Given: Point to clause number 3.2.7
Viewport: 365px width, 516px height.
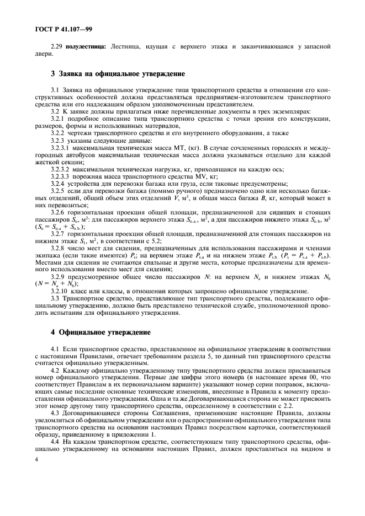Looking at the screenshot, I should (x=59, y=233).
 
